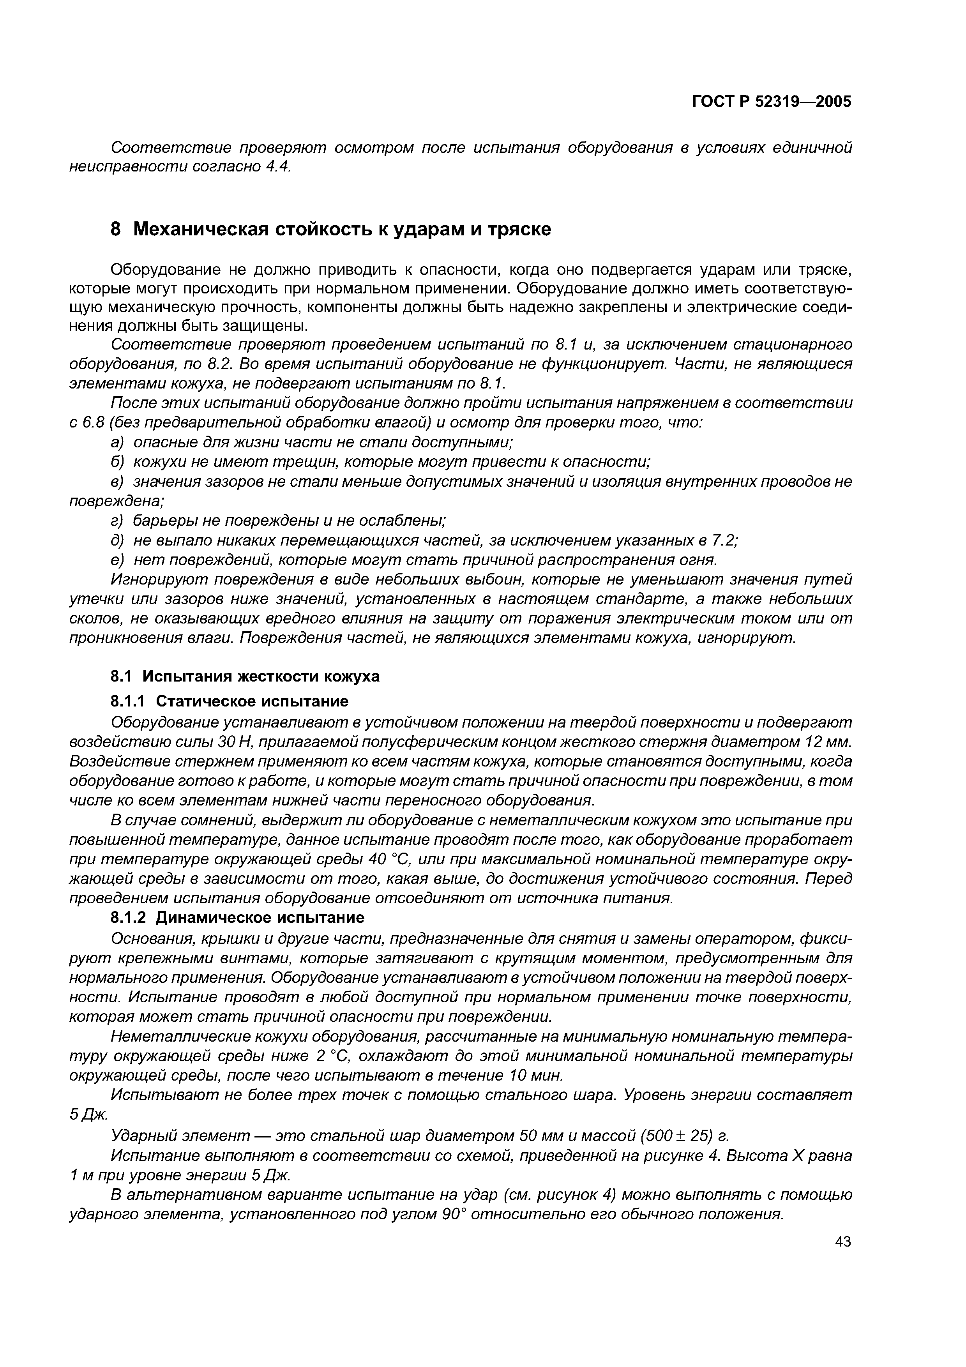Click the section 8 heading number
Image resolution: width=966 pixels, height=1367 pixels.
(116, 229)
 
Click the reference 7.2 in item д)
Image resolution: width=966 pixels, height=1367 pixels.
(724, 540)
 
